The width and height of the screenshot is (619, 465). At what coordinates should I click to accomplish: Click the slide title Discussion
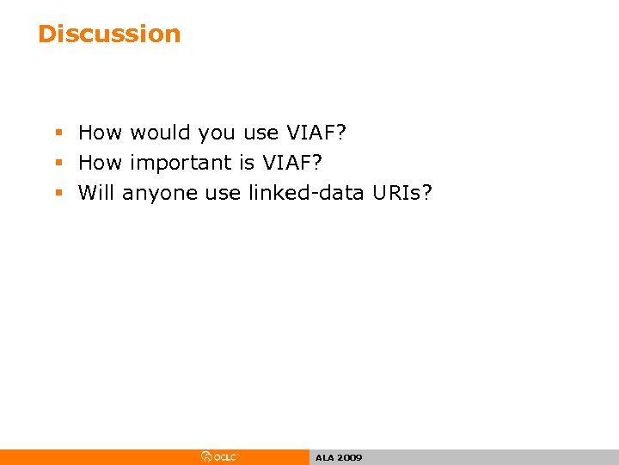pos(109,34)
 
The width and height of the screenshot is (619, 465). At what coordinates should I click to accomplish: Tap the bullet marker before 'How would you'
pos(58,133)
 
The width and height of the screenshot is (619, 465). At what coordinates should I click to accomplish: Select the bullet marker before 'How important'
pos(58,163)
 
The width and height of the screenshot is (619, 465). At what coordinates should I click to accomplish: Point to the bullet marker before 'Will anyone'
pos(58,193)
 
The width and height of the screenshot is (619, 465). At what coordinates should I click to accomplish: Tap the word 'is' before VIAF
pos(246,163)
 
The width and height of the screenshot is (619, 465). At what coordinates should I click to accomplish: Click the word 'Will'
pos(96,192)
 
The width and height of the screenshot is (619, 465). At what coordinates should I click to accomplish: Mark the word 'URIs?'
pos(403,192)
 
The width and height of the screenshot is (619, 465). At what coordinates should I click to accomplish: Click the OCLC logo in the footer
pos(220,457)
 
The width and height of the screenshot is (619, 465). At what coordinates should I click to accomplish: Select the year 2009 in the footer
pos(349,458)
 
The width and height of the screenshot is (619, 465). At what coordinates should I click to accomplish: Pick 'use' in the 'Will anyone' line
pos(224,193)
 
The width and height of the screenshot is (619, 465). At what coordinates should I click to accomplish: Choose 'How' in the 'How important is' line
pos(101,163)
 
